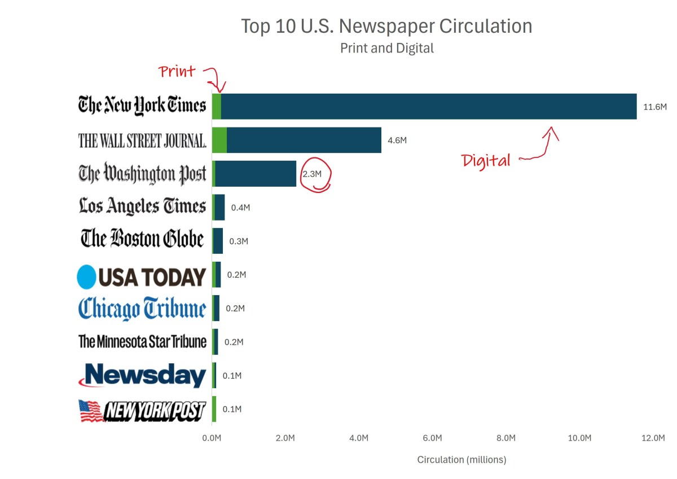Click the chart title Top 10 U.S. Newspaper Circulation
click(x=386, y=27)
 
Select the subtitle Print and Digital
click(x=386, y=49)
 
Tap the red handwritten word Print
click(x=177, y=72)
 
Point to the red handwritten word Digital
click(x=486, y=161)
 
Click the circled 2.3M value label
click(x=312, y=174)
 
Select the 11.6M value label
click(x=655, y=107)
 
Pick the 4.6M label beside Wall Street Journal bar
click(x=397, y=140)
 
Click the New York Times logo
click(x=142, y=106)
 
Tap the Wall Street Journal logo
click(x=142, y=140)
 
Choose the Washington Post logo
click(x=142, y=174)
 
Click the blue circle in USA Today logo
click(x=87, y=277)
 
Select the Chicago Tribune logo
click(x=142, y=309)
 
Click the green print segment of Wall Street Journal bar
click(x=219, y=140)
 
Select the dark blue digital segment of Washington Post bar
click(x=256, y=174)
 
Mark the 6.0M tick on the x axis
click(x=432, y=438)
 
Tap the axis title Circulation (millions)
click(x=461, y=460)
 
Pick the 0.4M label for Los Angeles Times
click(x=240, y=208)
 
